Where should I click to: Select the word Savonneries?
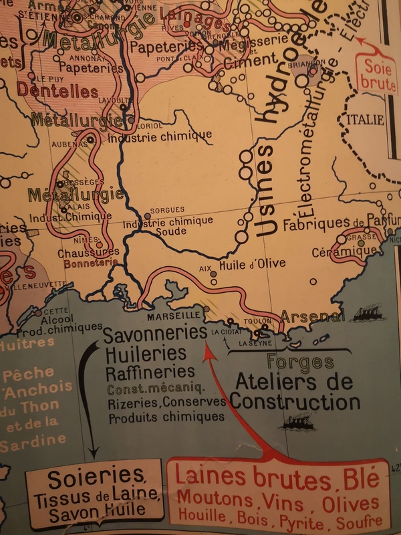pos(155,333)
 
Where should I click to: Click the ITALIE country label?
pos(365,120)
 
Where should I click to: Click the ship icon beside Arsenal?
pos(366,313)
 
